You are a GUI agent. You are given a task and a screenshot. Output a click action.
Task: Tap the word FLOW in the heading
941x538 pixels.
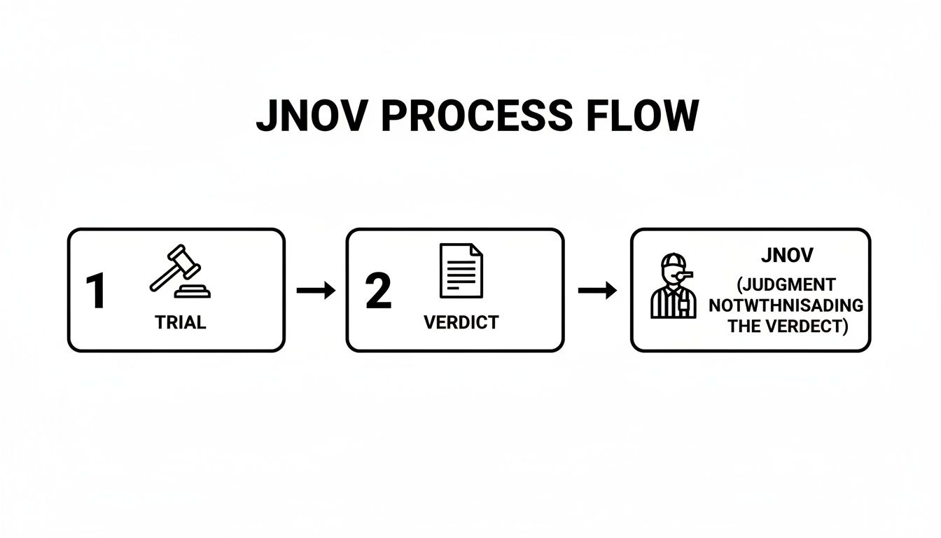[x=641, y=116]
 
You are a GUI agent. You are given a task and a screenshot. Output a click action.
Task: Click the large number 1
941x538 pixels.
[x=95, y=291]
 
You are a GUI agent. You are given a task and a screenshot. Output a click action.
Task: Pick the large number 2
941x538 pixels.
[x=378, y=291]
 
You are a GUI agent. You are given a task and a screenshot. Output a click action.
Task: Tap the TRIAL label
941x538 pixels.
[x=180, y=322]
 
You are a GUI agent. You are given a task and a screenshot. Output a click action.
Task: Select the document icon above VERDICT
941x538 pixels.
[x=461, y=270]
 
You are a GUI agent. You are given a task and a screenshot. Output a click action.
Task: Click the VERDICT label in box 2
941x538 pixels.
[x=461, y=322]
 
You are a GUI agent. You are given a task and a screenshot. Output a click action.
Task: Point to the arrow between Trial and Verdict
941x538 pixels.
[x=316, y=290]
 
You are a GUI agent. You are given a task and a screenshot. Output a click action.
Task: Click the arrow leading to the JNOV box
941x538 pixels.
[x=597, y=290]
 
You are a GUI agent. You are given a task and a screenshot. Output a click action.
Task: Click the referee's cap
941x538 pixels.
[x=674, y=261]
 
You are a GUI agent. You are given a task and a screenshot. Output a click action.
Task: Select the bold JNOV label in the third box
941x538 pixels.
[x=786, y=255]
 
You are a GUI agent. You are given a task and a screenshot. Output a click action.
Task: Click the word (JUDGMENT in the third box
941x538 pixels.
[x=786, y=286]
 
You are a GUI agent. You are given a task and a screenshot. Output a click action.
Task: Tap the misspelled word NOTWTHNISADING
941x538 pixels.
[x=786, y=306]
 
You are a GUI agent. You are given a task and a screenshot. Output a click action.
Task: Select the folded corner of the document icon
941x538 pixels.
[x=476, y=249]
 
